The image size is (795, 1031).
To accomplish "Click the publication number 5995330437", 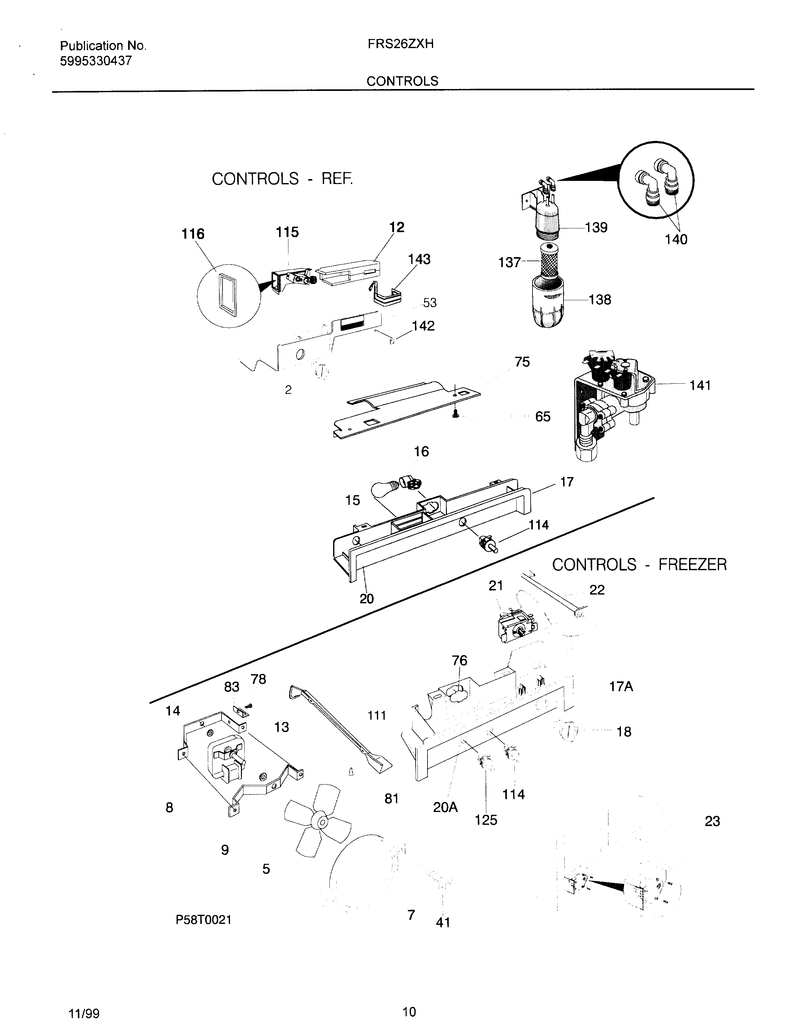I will (x=96, y=61).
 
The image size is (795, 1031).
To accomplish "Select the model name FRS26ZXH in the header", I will (x=400, y=44).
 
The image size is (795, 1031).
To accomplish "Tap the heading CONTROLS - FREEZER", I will (x=639, y=565).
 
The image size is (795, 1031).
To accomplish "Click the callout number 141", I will (x=700, y=386).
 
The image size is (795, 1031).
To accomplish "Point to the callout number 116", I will (x=193, y=234).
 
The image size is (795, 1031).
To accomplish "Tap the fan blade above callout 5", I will (x=317, y=822).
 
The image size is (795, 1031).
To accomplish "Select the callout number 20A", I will (x=445, y=807).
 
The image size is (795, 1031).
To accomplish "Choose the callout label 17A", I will (x=621, y=686).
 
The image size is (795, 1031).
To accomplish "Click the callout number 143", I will (x=419, y=259).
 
